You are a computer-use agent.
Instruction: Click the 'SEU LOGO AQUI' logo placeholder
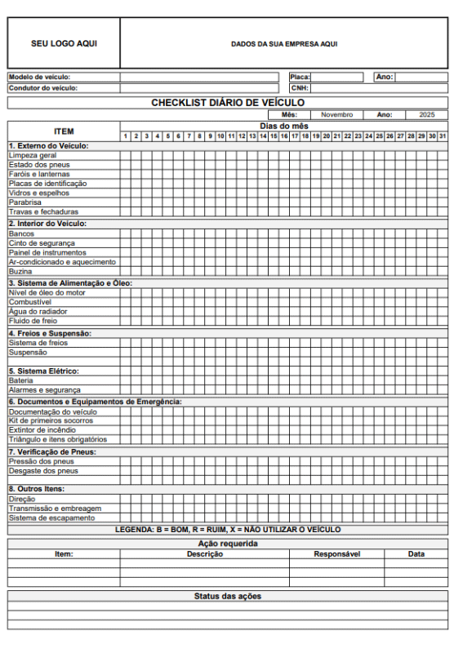click(64, 44)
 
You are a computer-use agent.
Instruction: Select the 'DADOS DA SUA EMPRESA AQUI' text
click(283, 44)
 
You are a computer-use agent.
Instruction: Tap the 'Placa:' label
click(300, 78)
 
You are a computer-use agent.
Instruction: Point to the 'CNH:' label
click(300, 88)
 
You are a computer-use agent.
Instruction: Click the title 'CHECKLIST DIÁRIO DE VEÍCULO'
click(228, 103)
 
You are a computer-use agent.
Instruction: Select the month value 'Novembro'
click(336, 115)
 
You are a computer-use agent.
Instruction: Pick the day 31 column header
click(443, 135)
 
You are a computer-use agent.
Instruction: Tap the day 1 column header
click(126, 135)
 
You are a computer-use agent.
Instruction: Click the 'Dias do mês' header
click(283, 127)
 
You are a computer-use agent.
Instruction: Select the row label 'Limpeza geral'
click(33, 155)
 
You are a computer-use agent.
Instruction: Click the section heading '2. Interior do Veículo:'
click(47, 224)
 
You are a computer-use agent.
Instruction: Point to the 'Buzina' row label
click(20, 272)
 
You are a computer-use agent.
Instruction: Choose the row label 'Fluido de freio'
click(33, 322)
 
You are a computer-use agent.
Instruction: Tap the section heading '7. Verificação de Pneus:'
click(52, 451)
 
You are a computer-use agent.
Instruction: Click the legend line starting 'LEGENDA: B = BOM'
click(228, 530)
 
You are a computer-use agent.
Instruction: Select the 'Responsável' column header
click(336, 554)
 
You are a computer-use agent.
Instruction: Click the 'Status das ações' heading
click(228, 597)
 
